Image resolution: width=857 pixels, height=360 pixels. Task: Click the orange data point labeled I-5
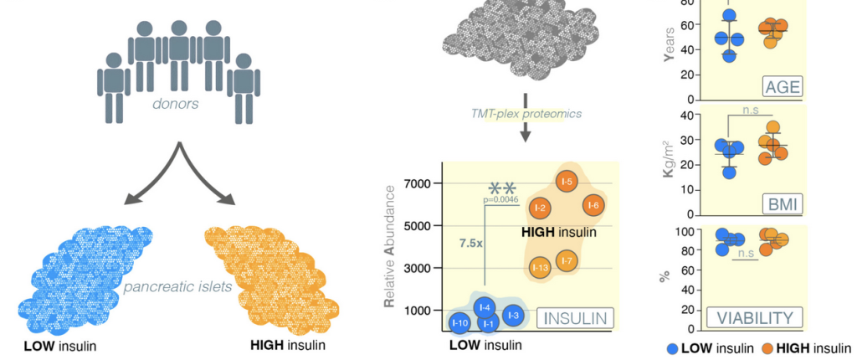(567, 181)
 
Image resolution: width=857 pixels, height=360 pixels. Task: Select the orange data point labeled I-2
(540, 208)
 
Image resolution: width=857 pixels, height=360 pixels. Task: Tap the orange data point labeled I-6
(593, 205)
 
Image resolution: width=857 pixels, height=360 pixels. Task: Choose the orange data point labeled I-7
(567, 261)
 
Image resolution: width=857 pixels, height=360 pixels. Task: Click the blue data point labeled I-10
(459, 322)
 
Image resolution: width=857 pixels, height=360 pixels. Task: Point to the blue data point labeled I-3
(514, 315)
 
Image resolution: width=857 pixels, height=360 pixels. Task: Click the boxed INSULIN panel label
(574, 318)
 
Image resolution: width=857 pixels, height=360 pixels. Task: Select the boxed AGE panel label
(782, 86)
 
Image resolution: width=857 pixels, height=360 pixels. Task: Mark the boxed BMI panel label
(782, 203)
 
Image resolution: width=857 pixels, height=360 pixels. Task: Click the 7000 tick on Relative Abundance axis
(416, 183)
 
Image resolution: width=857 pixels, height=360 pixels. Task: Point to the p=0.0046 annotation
(501, 200)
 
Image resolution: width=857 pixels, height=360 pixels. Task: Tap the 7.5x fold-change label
(470, 243)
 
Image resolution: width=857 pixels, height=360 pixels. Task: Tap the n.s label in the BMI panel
(749, 109)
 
